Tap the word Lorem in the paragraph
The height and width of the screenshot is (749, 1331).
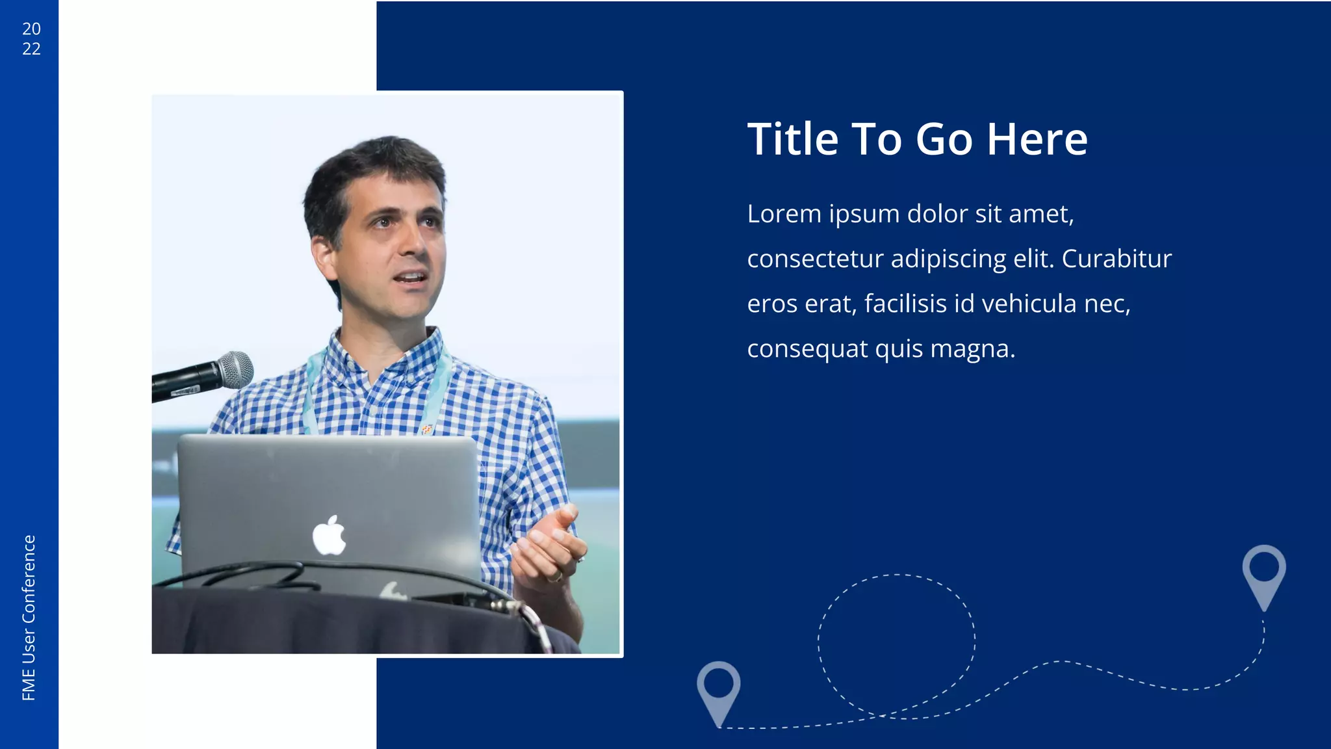coord(784,214)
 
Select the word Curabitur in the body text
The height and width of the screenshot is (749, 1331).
coord(1117,259)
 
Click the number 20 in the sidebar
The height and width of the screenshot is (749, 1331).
coord(31,29)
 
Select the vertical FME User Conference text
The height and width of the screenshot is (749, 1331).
coord(29,618)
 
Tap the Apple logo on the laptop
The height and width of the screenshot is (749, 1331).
coord(329,536)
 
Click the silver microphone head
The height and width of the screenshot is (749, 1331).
coord(235,369)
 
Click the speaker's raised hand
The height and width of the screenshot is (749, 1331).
coord(549,546)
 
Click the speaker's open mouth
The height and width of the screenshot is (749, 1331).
coord(411,279)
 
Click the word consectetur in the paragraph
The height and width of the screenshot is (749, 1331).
coord(816,259)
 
